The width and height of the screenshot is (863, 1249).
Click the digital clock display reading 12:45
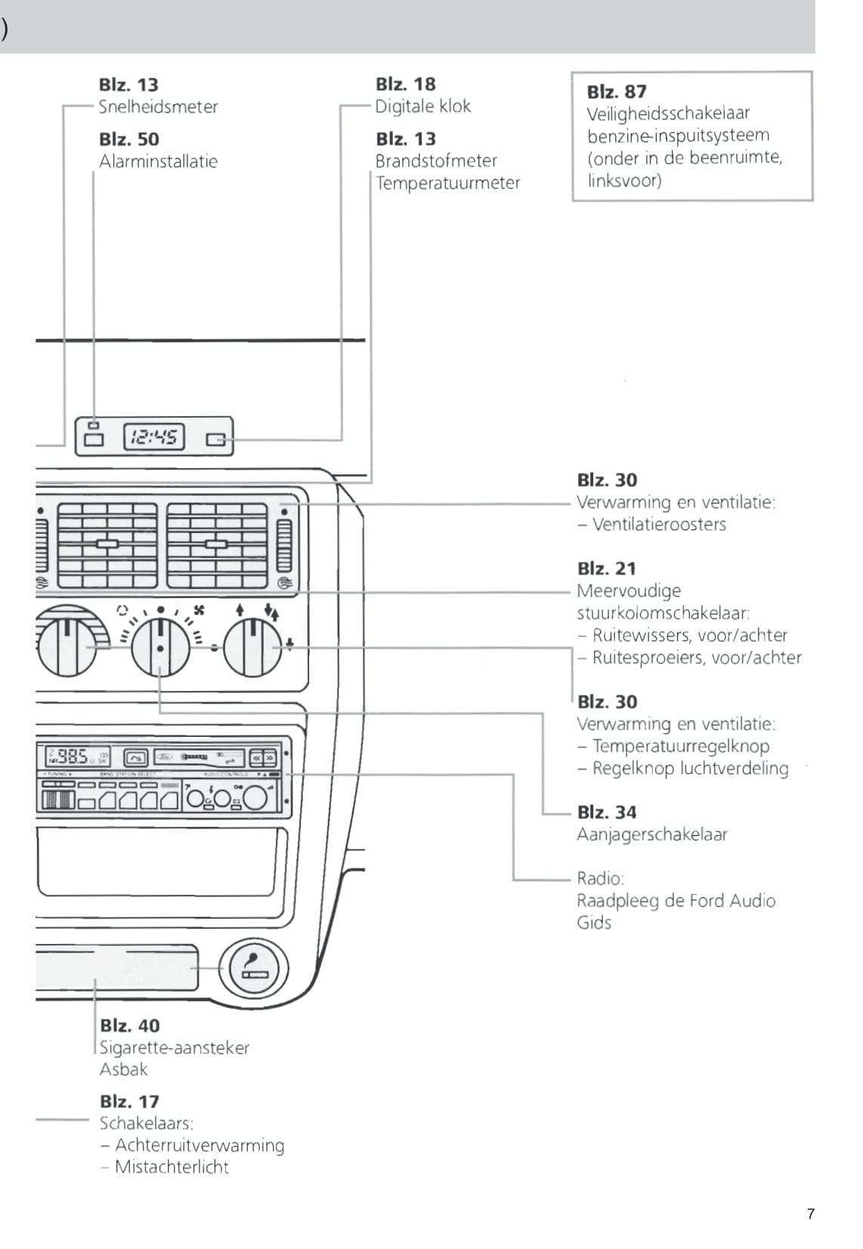point(153,437)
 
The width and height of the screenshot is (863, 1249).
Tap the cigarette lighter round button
point(254,969)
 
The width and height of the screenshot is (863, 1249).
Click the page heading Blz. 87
point(617,91)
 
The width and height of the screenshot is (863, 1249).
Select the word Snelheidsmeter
point(158,106)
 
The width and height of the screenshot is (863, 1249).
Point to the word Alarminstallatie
point(158,161)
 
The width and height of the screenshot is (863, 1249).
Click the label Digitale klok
point(423,106)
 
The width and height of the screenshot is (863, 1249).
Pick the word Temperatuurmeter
point(448,183)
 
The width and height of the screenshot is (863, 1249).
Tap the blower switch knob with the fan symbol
point(160,647)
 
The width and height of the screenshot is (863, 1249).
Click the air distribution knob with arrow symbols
point(252,647)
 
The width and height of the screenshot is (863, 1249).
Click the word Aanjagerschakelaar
point(652,834)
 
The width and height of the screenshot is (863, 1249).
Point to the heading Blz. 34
point(607,813)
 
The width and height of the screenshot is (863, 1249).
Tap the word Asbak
point(124,1069)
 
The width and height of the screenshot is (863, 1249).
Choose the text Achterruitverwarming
point(200,1146)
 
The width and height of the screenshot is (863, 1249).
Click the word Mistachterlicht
point(172,1167)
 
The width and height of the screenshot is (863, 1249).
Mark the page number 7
point(811,1214)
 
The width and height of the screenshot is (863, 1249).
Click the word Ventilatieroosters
point(659,524)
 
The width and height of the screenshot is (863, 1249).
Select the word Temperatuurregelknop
point(681,746)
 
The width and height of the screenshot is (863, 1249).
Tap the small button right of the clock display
point(216,439)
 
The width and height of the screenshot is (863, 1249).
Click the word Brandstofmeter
point(436,161)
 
